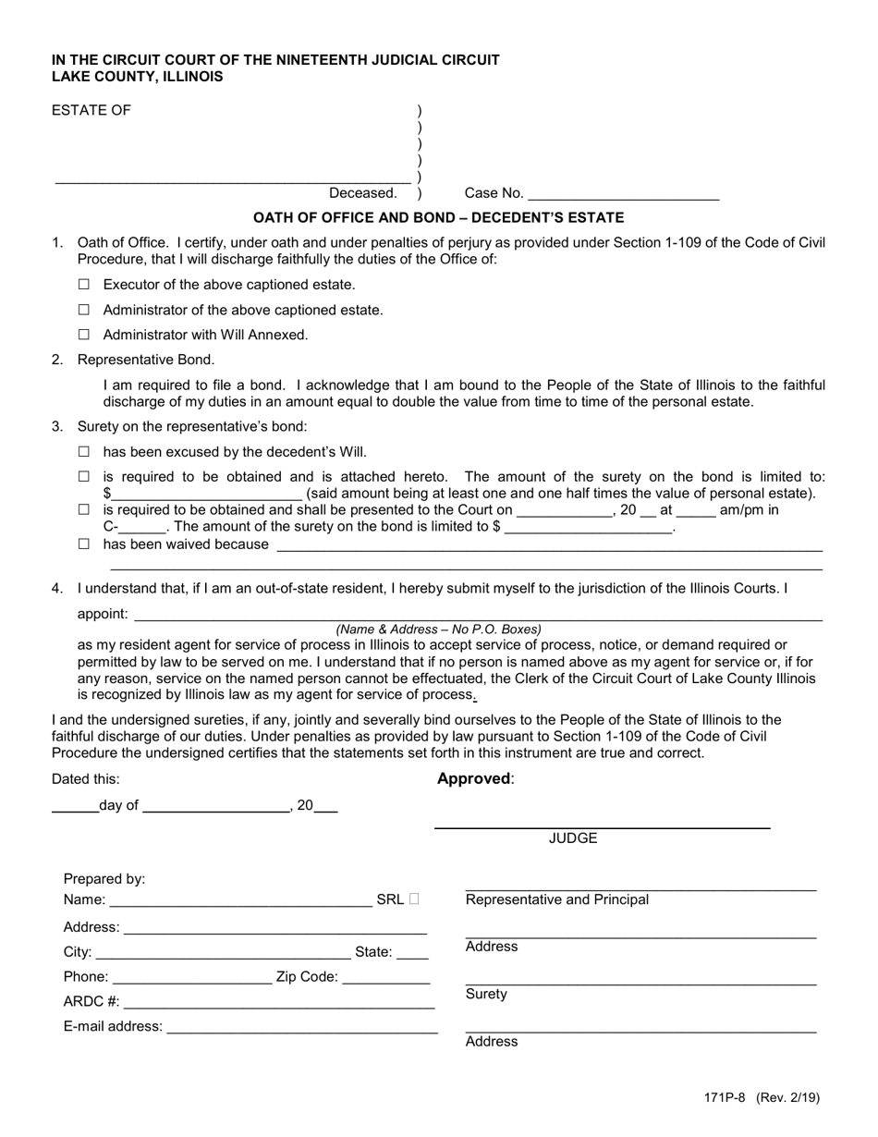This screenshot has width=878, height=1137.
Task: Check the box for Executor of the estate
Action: [x=84, y=286]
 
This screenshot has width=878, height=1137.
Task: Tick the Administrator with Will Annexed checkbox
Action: [x=84, y=336]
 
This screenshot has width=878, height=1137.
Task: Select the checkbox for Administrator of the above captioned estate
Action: [x=84, y=311]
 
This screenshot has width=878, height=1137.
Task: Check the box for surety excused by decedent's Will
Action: [x=84, y=452]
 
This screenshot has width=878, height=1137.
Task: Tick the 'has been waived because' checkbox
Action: [x=84, y=544]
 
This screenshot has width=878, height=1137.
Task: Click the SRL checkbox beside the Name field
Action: [x=413, y=899]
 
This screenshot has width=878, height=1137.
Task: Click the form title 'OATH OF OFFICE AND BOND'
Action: [x=438, y=218]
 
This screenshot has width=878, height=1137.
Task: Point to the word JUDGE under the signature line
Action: [x=573, y=838]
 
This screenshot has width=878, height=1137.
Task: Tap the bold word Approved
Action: [x=473, y=778]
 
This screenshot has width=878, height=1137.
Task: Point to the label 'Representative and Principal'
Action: [x=557, y=899]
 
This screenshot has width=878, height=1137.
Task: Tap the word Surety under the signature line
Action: [x=486, y=995]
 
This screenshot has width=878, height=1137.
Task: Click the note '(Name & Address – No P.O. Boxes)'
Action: [x=438, y=630]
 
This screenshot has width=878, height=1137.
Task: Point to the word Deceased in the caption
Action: [x=362, y=193]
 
